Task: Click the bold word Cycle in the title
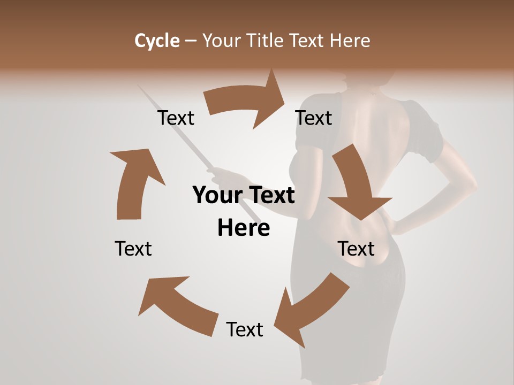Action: pos(157,41)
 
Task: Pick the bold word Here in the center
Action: pos(244,228)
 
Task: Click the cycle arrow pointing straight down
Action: pos(356,184)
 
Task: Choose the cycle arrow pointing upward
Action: pos(133,182)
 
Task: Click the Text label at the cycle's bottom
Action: pos(245,329)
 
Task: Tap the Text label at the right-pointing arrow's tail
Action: pos(176,118)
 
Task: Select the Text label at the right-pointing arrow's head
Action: pos(314,118)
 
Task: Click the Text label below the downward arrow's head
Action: pos(356,249)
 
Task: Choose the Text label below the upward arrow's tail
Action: pos(133,249)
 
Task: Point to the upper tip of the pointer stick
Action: pos(140,86)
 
